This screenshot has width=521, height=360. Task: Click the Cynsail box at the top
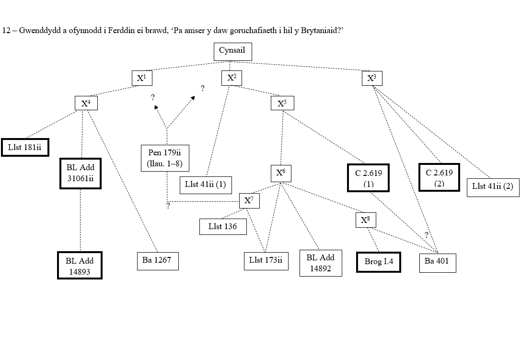[232, 51]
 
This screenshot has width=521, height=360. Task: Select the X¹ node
[141, 78]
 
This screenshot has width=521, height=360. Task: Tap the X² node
[232, 78]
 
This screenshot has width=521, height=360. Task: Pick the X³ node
[371, 78]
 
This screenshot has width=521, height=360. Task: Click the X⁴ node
[86, 103]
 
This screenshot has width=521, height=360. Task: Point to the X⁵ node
[282, 103]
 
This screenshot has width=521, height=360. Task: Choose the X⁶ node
[280, 173]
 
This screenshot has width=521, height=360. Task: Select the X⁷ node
[249, 200]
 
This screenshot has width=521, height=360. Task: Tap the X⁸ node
[366, 220]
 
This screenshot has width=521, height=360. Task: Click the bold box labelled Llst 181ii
[25, 148]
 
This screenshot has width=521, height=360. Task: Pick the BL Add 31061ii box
[80, 173]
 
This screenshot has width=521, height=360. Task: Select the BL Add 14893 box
[80, 266]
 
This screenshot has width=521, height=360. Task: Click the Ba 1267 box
[157, 261]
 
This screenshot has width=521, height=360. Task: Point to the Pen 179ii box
[165, 158]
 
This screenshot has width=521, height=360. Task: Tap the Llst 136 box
[223, 226]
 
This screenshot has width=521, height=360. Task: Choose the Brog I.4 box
[379, 262]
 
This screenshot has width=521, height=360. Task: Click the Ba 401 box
[437, 262]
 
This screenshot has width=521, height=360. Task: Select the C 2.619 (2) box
[439, 177]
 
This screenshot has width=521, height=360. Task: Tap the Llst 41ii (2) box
[493, 186]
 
